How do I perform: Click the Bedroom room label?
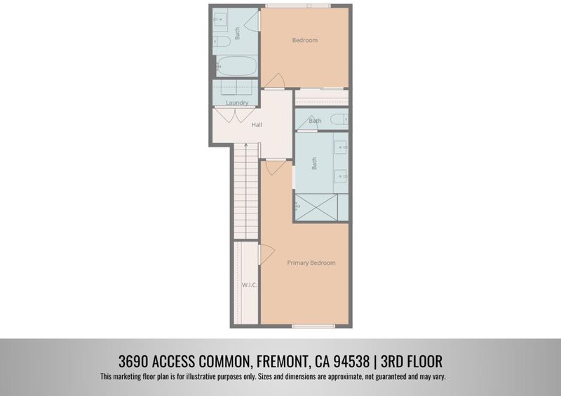coord(305,40)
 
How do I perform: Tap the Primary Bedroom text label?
coord(311,263)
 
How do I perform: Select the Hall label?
coord(257,125)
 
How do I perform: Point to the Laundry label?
coord(237,103)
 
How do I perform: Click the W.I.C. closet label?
coord(250,285)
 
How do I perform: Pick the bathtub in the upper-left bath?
coord(236,66)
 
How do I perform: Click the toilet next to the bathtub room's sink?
coord(222,42)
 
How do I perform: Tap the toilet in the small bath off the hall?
coord(339,119)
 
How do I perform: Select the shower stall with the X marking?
coord(316,207)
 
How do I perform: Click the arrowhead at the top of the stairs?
coord(246,145)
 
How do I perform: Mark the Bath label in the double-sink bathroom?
coord(314,164)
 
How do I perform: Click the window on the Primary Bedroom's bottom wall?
coord(313,326)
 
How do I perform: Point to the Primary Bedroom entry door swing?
coord(276,167)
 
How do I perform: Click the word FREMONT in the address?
coord(283,361)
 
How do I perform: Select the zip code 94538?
coord(351,361)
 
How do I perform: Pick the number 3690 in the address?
coord(133,361)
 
